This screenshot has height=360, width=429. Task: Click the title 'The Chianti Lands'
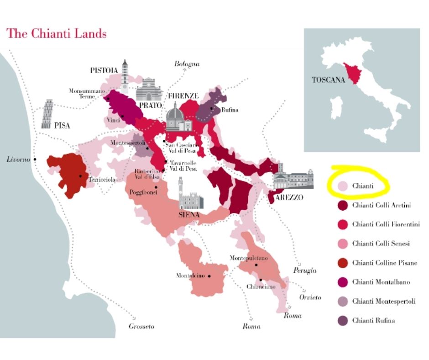point(56,34)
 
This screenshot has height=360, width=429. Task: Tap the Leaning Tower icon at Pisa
point(47,114)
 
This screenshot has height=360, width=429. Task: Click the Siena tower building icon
point(191,194)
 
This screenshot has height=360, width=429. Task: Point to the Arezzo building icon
point(293,177)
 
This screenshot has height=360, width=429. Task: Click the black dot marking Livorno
point(35,159)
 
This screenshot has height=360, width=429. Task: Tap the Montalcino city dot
point(209,276)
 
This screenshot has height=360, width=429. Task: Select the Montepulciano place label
point(249,258)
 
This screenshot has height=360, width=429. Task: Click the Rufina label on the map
point(229,110)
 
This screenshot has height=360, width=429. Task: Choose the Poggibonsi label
point(143,192)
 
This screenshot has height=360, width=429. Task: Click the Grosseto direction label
point(141,326)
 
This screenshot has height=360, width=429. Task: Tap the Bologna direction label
point(187,64)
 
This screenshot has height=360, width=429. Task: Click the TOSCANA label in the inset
point(327,79)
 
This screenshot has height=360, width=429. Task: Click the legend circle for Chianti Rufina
point(343,321)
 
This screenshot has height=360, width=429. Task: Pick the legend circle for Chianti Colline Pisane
point(343,263)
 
